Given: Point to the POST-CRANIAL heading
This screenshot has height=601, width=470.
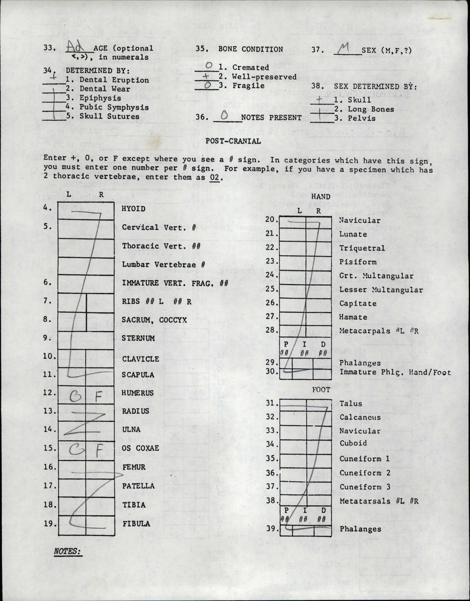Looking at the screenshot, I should (233, 141).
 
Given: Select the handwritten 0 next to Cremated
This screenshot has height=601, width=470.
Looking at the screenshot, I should (209, 65).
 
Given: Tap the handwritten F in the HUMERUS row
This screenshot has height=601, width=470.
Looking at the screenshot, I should (99, 397).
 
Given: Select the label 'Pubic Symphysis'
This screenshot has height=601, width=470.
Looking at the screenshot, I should (114, 107).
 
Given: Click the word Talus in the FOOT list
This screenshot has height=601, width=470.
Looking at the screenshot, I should (350, 403).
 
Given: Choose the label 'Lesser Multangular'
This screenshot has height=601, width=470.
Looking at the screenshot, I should (381, 290).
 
